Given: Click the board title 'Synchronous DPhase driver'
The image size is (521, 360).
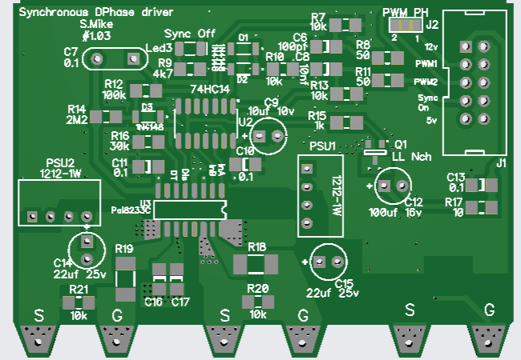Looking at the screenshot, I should pos(90,12).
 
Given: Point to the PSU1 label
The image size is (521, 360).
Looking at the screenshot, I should pos(323,146).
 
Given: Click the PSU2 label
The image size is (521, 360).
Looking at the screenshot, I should pos(59,162).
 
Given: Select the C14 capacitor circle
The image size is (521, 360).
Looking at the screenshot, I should pos(86,246).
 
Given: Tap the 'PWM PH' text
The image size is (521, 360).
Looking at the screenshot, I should pos(407,11).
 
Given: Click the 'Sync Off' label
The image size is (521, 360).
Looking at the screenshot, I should pos(190,34).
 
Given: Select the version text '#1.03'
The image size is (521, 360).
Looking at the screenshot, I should pos(95,36).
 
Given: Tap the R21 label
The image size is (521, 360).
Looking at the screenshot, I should pos(78,289).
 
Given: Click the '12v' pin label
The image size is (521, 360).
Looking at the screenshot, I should pos(431,46).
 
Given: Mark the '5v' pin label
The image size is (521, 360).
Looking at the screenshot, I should pos(431,120).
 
